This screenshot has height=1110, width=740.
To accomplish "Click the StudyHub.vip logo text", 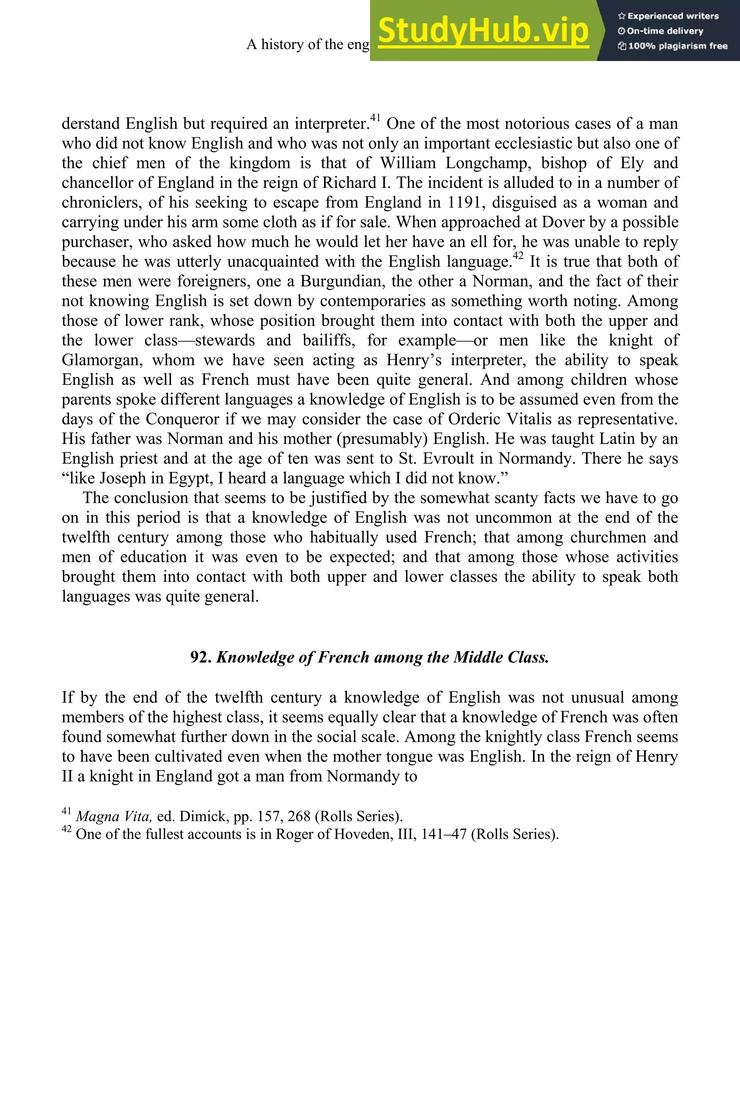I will tap(483, 31).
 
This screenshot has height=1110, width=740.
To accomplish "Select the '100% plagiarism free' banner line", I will tap(672, 46).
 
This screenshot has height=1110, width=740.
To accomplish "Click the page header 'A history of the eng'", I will tap(308, 44).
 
